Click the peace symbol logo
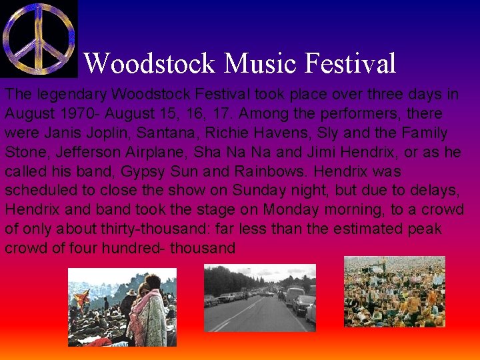(x=39, y=38)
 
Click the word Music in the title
(x=261, y=64)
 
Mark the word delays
(x=437, y=190)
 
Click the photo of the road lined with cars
(x=259, y=298)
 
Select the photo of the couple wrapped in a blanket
(x=122, y=307)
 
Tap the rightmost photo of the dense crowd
(x=394, y=292)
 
